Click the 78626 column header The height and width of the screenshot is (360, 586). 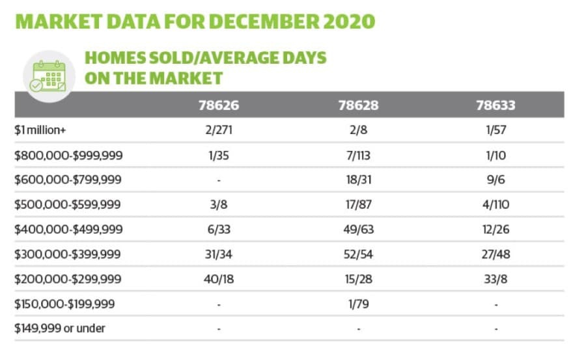pos(219,105)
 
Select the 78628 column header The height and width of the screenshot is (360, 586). pos(358,105)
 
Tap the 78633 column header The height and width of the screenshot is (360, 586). pos(495,105)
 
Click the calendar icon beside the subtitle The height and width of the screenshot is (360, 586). pos(49,77)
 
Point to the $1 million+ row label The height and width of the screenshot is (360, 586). pos(40,130)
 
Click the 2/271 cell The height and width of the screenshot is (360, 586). pos(219,130)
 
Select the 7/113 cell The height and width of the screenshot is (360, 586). pos(358,155)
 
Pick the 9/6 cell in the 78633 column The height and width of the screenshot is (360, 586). pos(496,180)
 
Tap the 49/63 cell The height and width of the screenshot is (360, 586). pos(358,229)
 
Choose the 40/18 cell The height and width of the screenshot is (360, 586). pos(219,279)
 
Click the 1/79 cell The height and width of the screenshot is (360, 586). pos(358,304)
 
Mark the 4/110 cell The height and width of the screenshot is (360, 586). pos(496,204)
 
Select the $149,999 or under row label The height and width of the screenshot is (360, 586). pos(60,328)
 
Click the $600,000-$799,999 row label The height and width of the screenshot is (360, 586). pos(68,180)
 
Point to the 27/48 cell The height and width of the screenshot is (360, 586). pos(496,254)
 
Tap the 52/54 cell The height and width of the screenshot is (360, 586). pos(358,254)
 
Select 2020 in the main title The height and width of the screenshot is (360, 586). pos(349,21)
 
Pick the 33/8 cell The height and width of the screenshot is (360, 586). pos(496,279)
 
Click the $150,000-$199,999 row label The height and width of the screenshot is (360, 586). pos(64,304)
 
